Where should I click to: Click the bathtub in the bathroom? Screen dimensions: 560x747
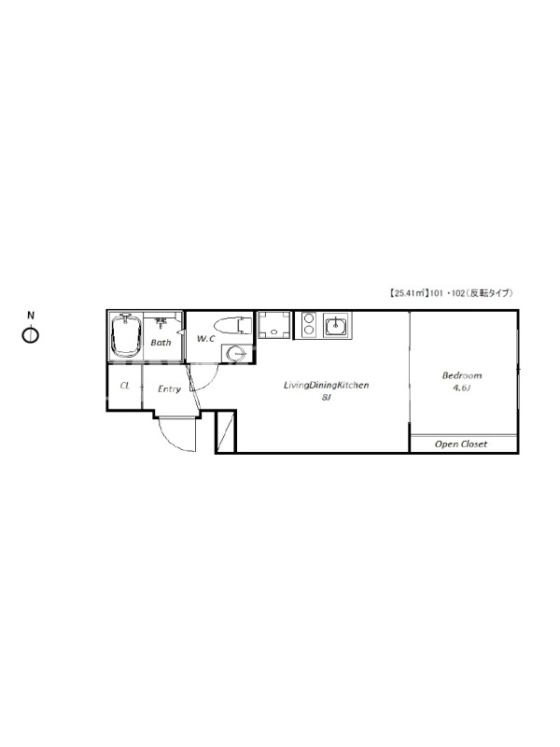126,335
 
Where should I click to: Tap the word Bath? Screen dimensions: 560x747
161,343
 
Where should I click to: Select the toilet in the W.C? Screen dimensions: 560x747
232,326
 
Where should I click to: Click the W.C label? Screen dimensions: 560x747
206,339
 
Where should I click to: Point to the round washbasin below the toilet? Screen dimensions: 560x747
237,354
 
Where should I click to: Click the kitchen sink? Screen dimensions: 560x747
336,325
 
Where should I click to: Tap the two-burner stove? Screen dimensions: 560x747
309,324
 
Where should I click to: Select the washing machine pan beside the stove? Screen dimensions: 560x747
273,325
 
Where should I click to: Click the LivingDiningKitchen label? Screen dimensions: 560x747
326,386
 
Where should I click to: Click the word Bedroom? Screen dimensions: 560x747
462,375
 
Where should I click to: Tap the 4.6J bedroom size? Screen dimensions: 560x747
461,388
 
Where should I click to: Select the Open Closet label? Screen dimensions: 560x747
461,444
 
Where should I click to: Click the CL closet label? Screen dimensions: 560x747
125,386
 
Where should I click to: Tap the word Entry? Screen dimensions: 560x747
170,389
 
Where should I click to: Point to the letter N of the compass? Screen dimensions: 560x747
31,315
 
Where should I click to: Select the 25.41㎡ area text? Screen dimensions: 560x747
405,293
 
